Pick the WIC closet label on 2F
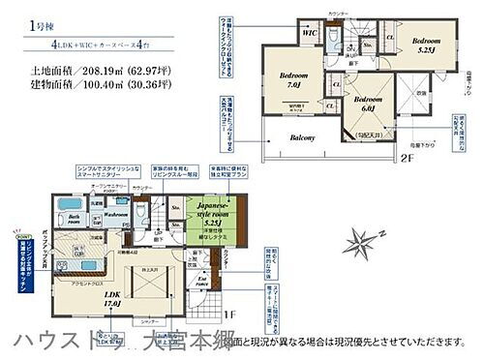click(311, 35)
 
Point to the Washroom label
click(117, 216)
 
